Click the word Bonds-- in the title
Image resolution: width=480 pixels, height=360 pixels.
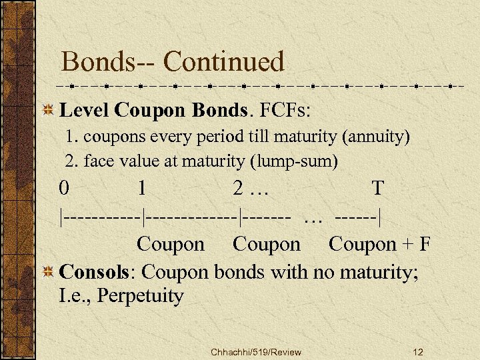107,62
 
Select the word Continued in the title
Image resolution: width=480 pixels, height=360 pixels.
224,62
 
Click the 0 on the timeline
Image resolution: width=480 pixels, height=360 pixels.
63,189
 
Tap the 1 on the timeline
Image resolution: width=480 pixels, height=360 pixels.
142,189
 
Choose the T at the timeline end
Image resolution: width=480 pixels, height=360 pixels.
377,189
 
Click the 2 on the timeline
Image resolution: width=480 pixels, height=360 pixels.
238,189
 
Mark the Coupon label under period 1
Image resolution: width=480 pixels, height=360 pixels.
171,245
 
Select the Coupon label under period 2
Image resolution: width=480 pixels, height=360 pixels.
267,245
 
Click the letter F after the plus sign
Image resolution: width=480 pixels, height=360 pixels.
424,245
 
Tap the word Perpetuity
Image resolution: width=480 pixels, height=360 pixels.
140,295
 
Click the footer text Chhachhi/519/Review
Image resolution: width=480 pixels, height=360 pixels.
255,352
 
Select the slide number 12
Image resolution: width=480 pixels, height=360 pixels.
418,352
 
